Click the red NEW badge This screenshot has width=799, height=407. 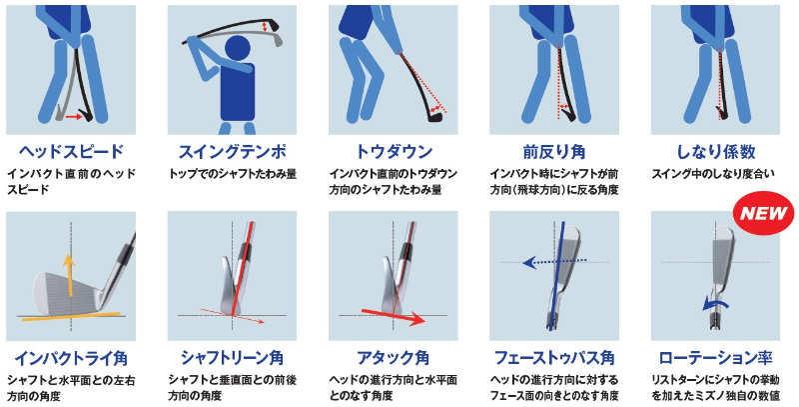tap(763, 213)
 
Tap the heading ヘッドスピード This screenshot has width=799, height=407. tap(71, 151)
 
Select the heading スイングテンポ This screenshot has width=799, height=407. tap(232, 151)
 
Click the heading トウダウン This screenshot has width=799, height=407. tap(394, 151)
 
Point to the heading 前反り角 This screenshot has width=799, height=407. tap(554, 151)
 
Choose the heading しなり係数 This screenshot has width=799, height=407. tap(715, 151)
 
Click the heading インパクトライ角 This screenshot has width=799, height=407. tap(71, 358)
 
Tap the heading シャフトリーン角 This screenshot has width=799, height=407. tap(232, 358)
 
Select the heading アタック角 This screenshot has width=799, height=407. tap(393, 358)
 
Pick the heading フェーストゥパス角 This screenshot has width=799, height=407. tap(554, 358)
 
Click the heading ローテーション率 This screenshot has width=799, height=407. tap(715, 358)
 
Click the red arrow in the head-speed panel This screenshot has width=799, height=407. tap(73, 117)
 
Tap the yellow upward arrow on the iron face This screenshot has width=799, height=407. tap(69, 276)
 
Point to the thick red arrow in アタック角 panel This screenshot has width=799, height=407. tap(393, 316)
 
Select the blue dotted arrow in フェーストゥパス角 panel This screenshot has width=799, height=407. tap(554, 262)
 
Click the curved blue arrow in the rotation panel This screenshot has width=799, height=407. tap(715, 304)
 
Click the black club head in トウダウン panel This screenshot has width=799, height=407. tap(433, 118)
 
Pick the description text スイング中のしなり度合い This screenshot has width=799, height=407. tap(713, 174)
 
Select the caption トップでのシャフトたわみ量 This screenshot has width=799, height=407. tap(233, 174)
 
